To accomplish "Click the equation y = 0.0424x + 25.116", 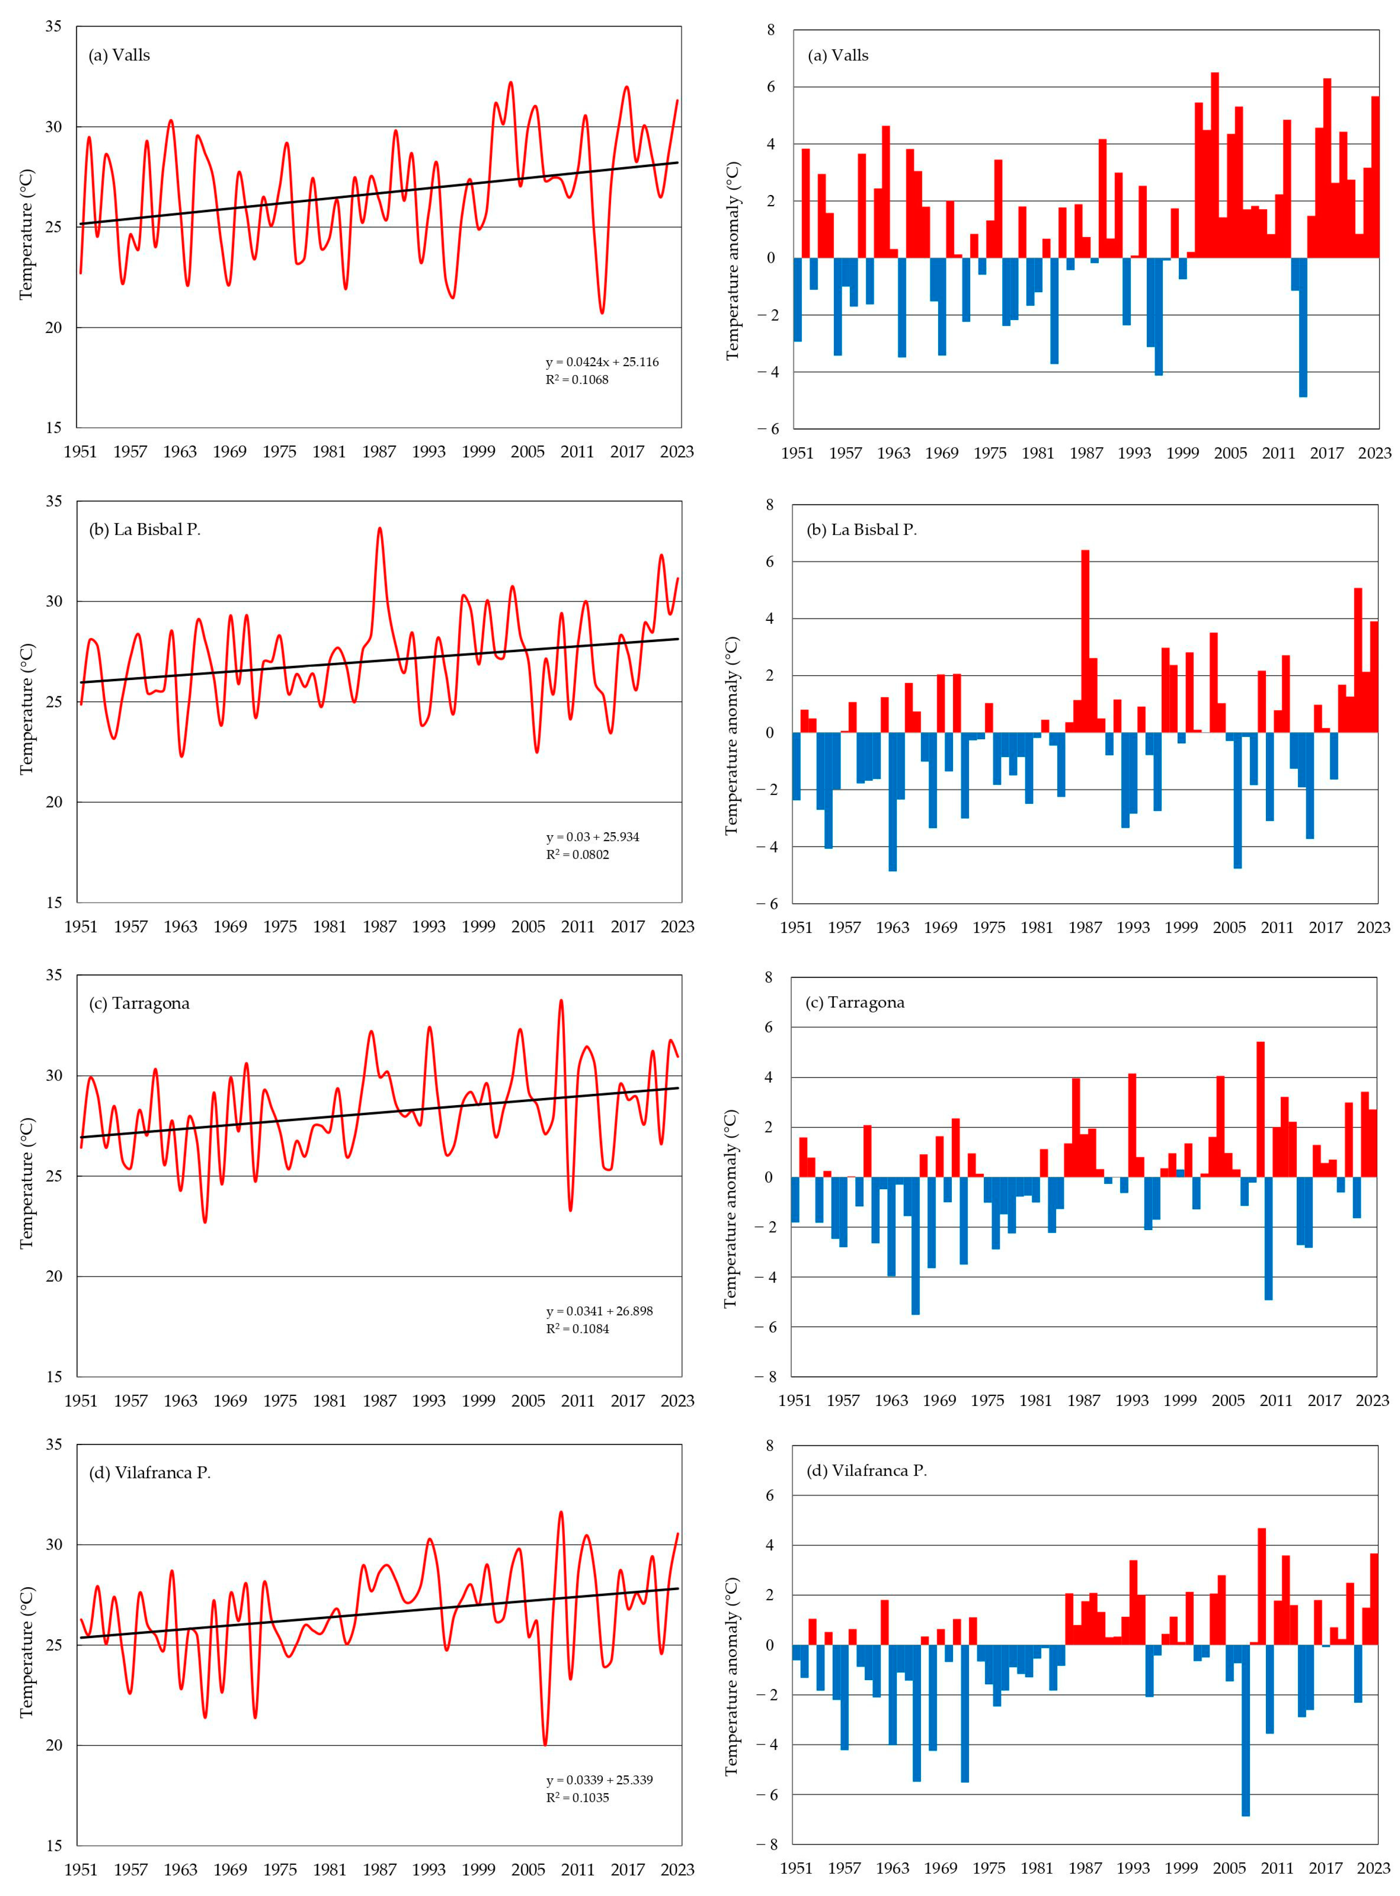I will (601, 362).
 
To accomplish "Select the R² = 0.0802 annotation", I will (577, 854).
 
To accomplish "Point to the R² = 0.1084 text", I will (577, 1328).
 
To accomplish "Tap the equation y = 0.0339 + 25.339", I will (599, 1779).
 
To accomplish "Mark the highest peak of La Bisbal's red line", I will (379, 530).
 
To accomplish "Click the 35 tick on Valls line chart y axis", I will (53, 26).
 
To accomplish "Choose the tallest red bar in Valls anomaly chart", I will (1214, 165).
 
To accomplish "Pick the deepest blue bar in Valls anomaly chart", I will (1303, 327).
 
